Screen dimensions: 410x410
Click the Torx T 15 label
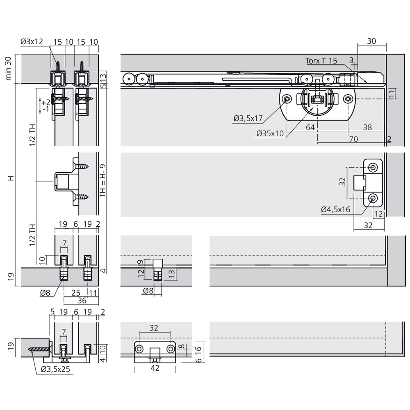click(x=321, y=61)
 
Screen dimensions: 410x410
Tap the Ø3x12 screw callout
click(x=32, y=41)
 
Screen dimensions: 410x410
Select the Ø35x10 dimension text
click(x=270, y=133)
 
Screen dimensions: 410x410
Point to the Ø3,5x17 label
click(x=248, y=118)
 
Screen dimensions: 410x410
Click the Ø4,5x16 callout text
click(x=335, y=209)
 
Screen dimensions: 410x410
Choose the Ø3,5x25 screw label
click(x=56, y=369)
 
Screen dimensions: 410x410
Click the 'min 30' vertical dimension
click(x=8, y=68)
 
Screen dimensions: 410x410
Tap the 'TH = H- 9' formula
click(x=103, y=180)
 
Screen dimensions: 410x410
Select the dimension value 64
click(x=310, y=127)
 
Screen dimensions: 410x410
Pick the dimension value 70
click(x=353, y=139)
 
